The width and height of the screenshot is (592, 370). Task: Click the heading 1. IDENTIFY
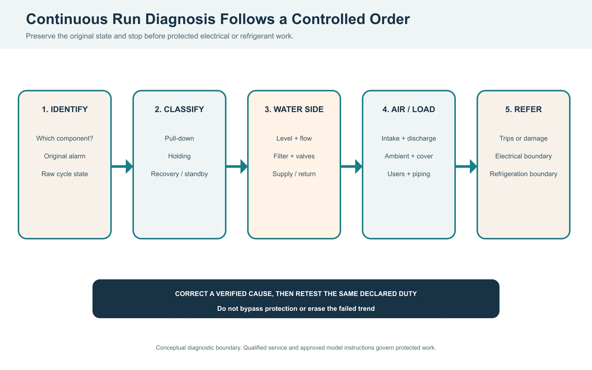[65, 109]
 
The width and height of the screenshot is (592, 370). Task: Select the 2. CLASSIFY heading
[179, 109]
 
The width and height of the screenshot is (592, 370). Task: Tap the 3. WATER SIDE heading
[294, 109]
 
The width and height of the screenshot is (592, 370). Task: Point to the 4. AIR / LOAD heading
[409, 109]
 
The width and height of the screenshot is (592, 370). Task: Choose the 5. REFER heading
[524, 109]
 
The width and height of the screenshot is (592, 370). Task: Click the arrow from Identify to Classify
[122, 166]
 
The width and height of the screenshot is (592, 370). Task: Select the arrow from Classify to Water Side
[237, 166]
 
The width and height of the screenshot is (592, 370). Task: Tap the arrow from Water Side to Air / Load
[351, 166]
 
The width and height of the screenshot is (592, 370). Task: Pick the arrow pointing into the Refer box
[466, 166]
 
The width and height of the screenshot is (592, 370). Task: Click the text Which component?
[65, 138]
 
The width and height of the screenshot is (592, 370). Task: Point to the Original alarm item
[65, 156]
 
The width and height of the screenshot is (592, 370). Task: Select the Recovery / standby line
[179, 174]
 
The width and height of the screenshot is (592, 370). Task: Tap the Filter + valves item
[294, 156]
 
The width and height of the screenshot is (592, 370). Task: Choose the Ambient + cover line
[409, 156]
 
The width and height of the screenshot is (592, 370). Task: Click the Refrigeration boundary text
[524, 174]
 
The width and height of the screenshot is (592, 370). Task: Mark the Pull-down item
[179, 138]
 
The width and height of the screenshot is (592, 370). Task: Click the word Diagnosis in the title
[180, 19]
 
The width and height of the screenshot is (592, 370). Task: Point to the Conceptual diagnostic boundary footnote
[296, 348]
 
